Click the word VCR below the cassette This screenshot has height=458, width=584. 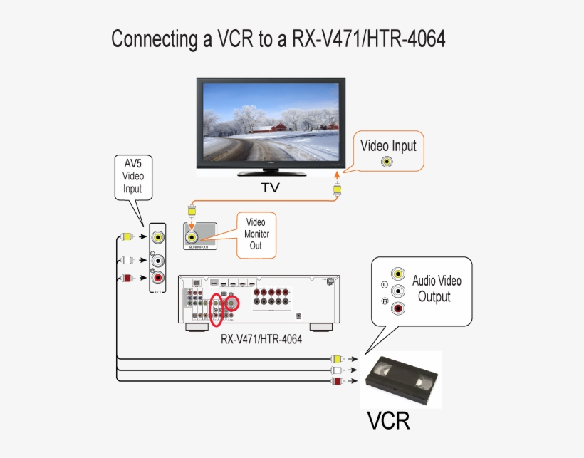coord(388,420)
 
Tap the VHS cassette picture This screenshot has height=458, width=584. coord(404,379)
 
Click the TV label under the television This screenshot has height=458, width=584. coord(270,188)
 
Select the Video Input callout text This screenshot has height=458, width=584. coord(388,146)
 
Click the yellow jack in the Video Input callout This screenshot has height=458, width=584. coord(386,162)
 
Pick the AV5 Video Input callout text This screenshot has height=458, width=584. coord(132,176)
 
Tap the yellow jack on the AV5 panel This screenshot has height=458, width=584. coord(158,237)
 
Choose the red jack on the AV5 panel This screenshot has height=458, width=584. coord(158,279)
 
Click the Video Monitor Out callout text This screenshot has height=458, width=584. coord(255,234)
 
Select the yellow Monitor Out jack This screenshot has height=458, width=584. coord(192,237)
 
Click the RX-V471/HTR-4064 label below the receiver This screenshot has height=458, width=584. coord(261,340)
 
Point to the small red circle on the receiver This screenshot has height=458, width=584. coord(232,304)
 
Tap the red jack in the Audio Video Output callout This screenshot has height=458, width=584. coord(399,308)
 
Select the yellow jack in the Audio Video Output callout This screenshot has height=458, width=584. coord(399,274)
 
